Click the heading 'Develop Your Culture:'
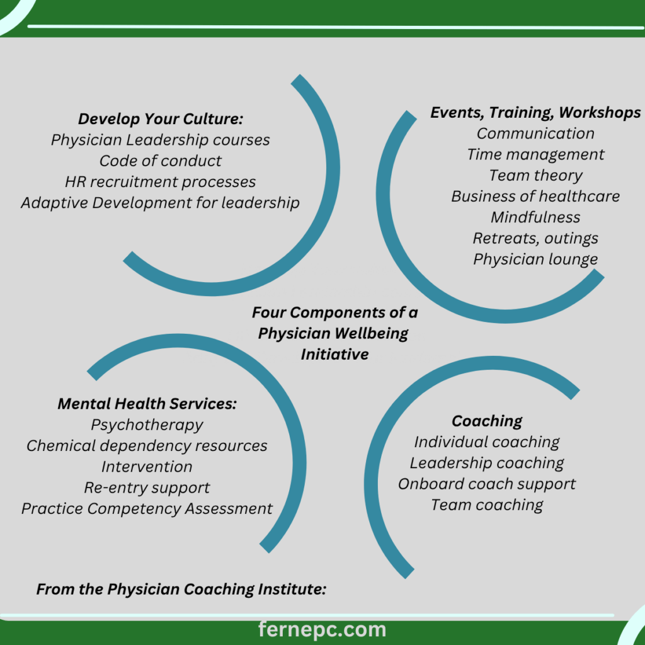(x=160, y=119)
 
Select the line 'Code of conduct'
(x=160, y=161)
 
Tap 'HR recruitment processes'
(x=160, y=182)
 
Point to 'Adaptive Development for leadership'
(x=160, y=203)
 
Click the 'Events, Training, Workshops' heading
(x=535, y=113)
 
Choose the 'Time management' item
(x=535, y=154)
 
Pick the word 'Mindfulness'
(x=535, y=217)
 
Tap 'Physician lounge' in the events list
(x=535, y=259)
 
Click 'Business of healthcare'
(x=535, y=196)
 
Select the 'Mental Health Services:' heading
(x=147, y=404)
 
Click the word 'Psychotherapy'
(x=147, y=425)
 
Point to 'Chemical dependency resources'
(x=147, y=446)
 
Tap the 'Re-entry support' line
(x=147, y=488)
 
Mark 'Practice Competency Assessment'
(x=147, y=508)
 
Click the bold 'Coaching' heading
(x=487, y=421)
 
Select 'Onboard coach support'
(x=487, y=484)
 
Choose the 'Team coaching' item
(x=487, y=505)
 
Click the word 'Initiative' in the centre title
(x=334, y=354)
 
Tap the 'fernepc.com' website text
(x=322, y=629)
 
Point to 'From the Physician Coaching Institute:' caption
(x=181, y=590)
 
